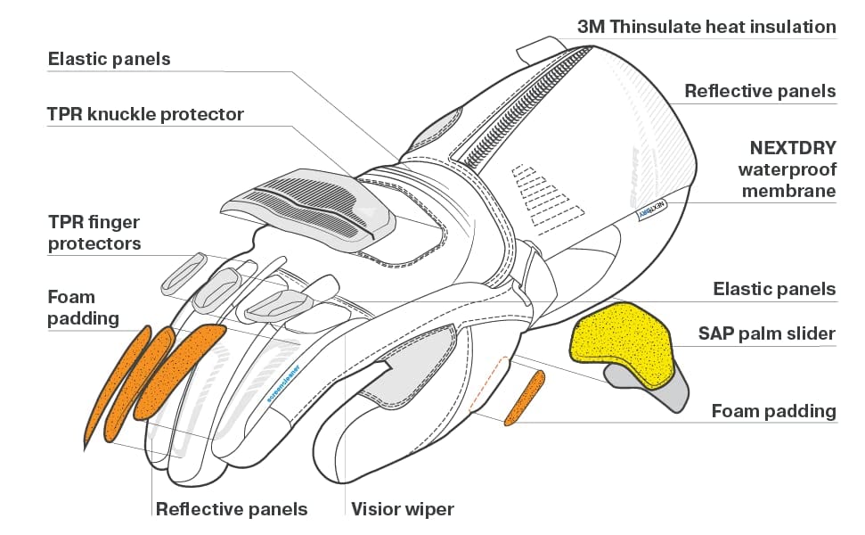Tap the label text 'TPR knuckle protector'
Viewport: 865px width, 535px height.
[145, 115]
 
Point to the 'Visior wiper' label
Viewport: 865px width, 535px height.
[402, 510]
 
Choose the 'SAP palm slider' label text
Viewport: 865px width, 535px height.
[766, 333]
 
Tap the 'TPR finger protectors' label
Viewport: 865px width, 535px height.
[94, 232]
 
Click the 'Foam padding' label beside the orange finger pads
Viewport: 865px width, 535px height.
[83, 308]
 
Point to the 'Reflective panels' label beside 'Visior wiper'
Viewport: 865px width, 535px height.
[231, 510]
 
